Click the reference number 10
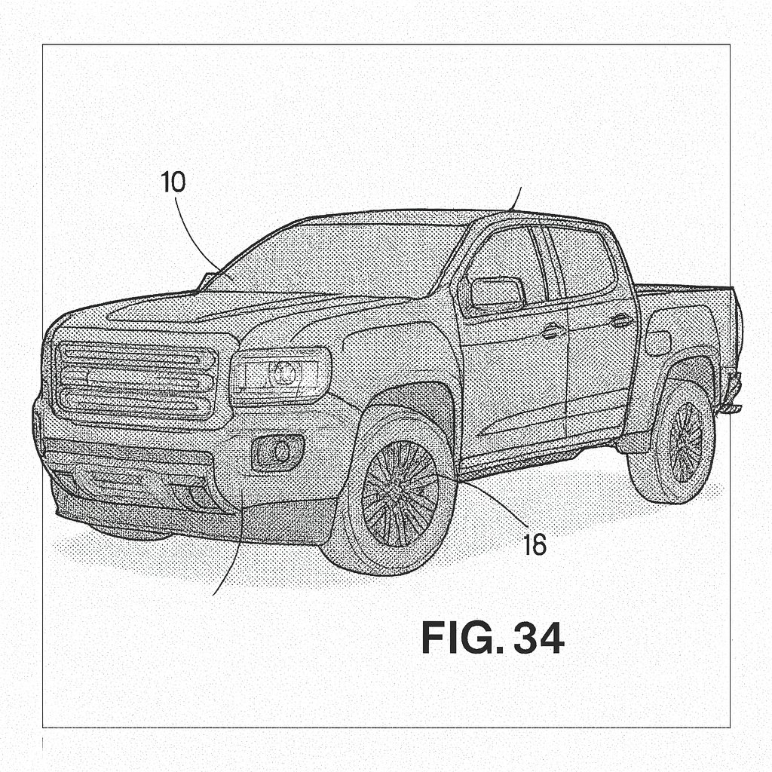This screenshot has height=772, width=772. [x=173, y=182]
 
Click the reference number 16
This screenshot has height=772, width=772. [x=534, y=544]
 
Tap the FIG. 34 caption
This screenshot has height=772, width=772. [x=492, y=638]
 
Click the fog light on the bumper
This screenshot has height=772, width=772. [x=278, y=452]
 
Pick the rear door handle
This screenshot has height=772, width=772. [x=621, y=320]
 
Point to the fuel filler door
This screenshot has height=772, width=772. [x=657, y=343]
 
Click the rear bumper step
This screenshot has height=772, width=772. [x=731, y=407]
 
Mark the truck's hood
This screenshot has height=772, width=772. [x=226, y=309]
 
